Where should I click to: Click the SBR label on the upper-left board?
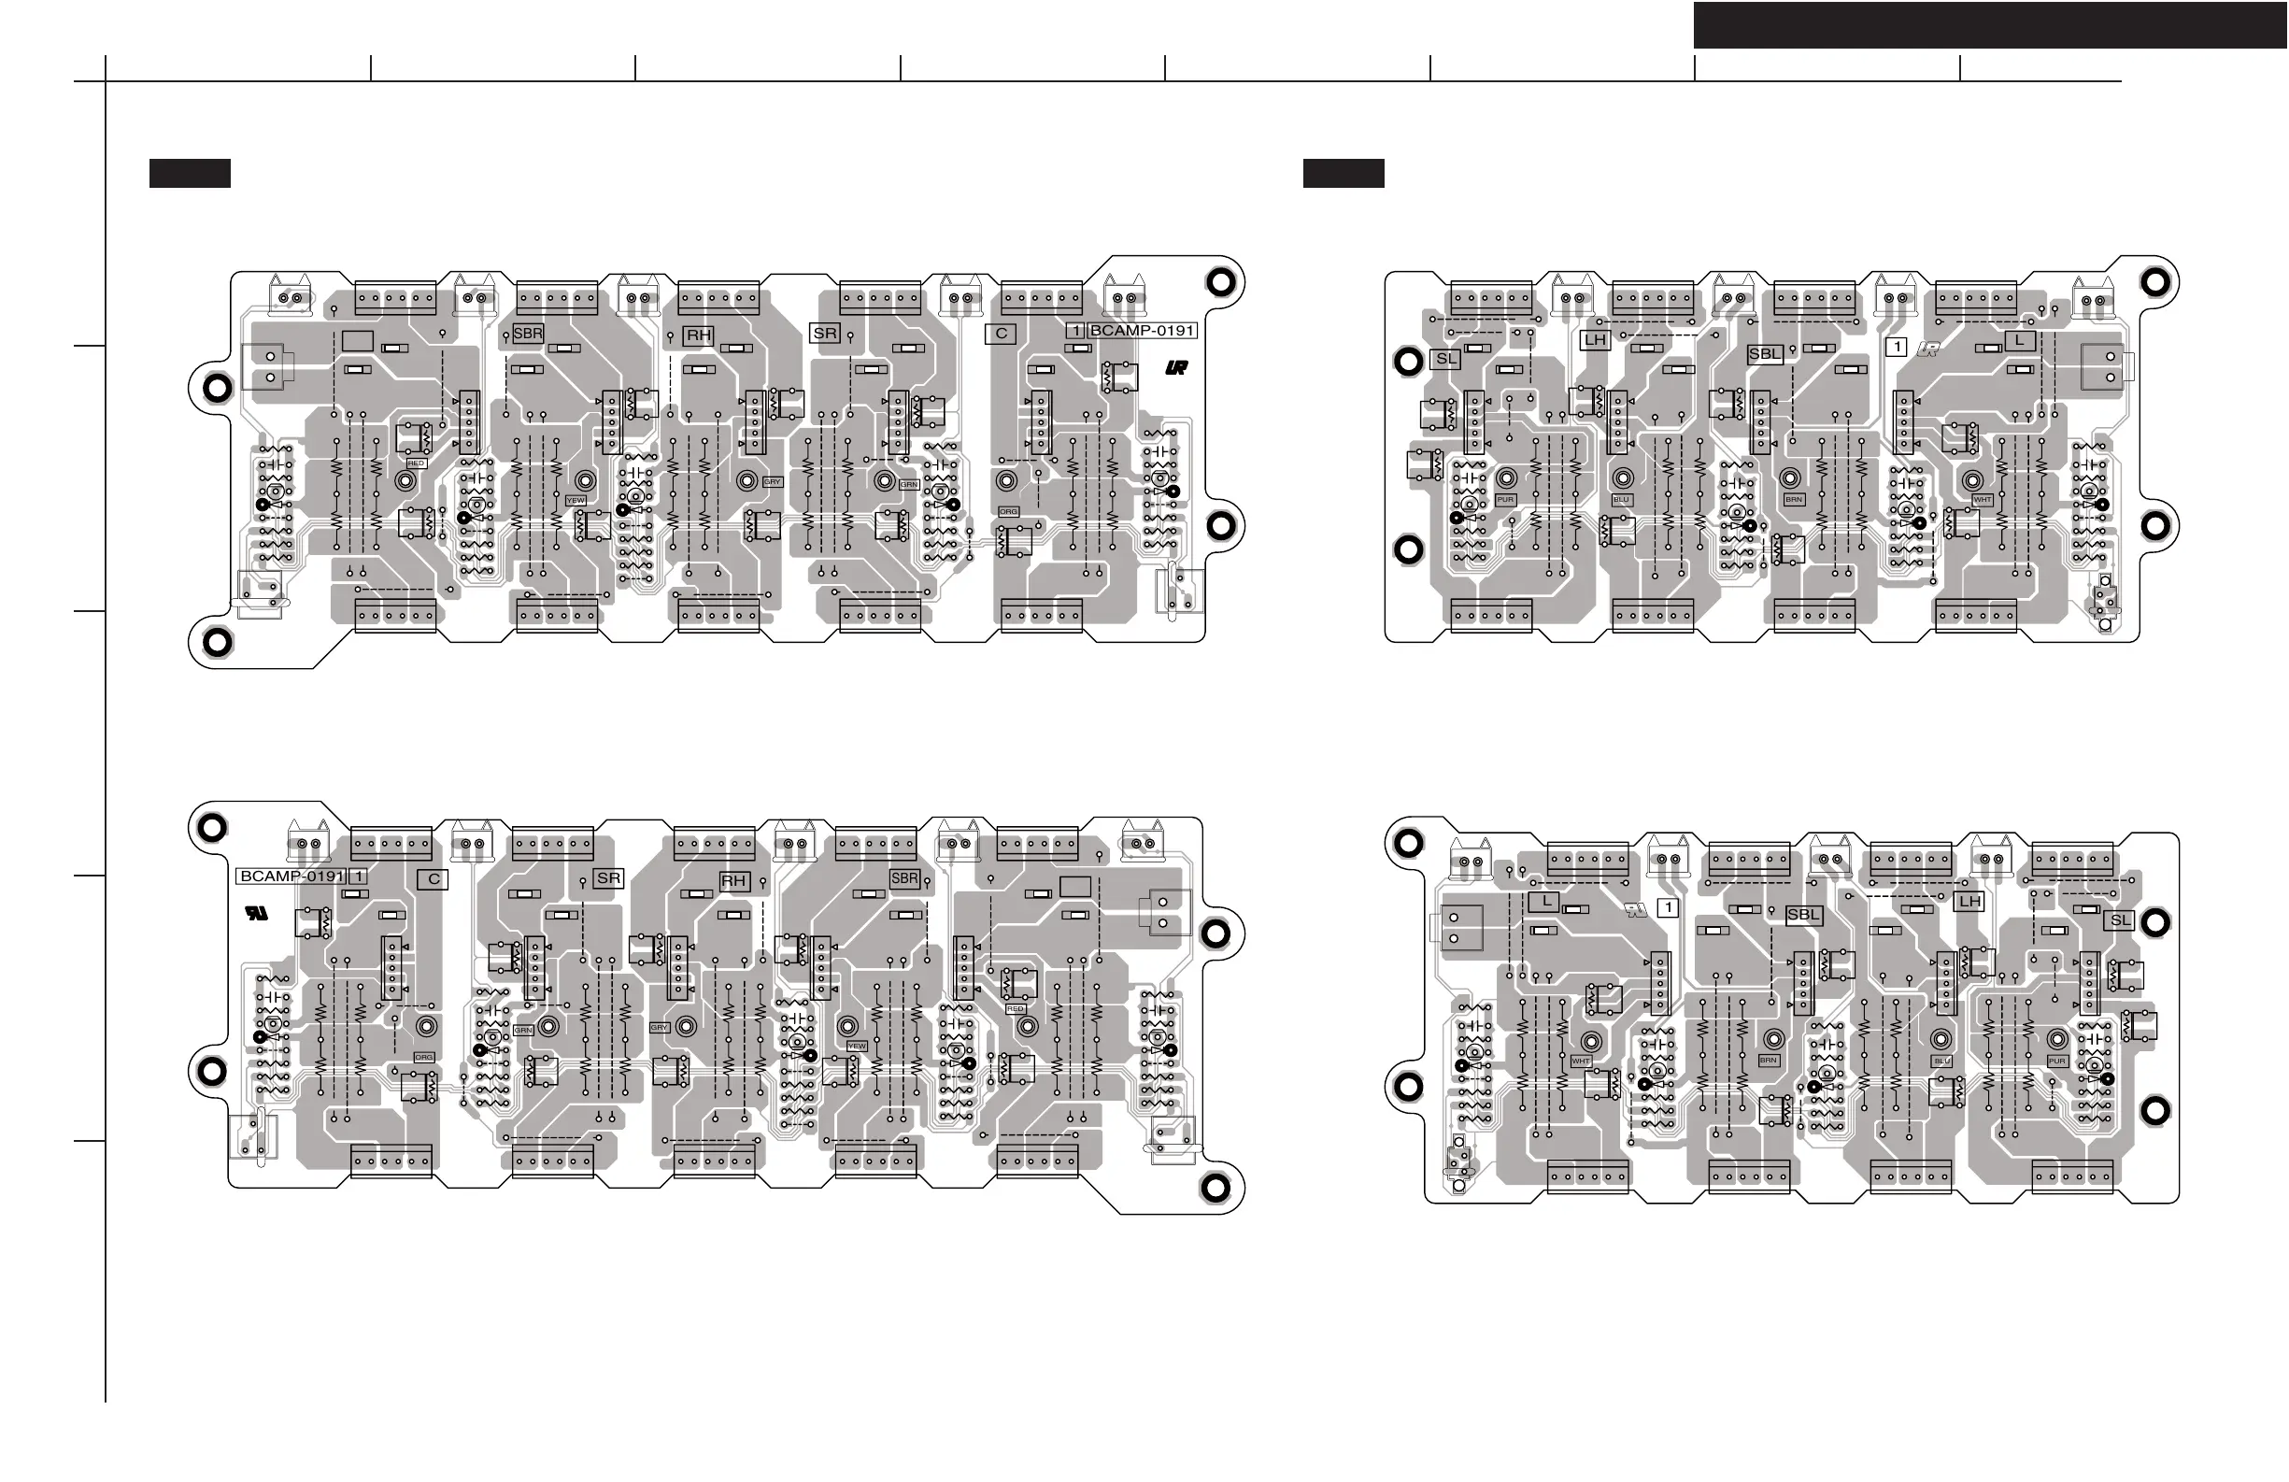pos(528,334)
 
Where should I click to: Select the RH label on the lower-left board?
pos(733,881)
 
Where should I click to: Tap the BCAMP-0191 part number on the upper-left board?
pos(1142,331)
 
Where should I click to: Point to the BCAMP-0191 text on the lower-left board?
pos(291,876)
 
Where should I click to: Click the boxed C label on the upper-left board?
pos(1002,334)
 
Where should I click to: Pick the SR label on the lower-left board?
pos(608,878)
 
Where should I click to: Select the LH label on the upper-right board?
pos(1595,339)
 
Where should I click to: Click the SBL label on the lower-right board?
pos(1803,915)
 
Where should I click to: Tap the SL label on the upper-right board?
pos(1445,359)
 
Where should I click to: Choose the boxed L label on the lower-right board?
pos(1543,901)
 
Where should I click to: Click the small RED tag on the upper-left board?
pos(416,463)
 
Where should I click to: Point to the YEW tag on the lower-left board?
pos(857,1046)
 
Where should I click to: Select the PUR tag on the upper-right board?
pos(1505,500)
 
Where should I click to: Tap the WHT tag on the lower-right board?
pos(1580,1062)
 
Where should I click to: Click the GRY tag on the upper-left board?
pos(773,482)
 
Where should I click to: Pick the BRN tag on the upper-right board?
pos(1794,500)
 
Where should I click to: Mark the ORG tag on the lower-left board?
pos(424,1057)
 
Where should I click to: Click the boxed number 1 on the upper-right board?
pos(1896,348)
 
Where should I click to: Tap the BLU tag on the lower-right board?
pos(1941,1062)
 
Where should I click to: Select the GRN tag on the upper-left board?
pos(909,485)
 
